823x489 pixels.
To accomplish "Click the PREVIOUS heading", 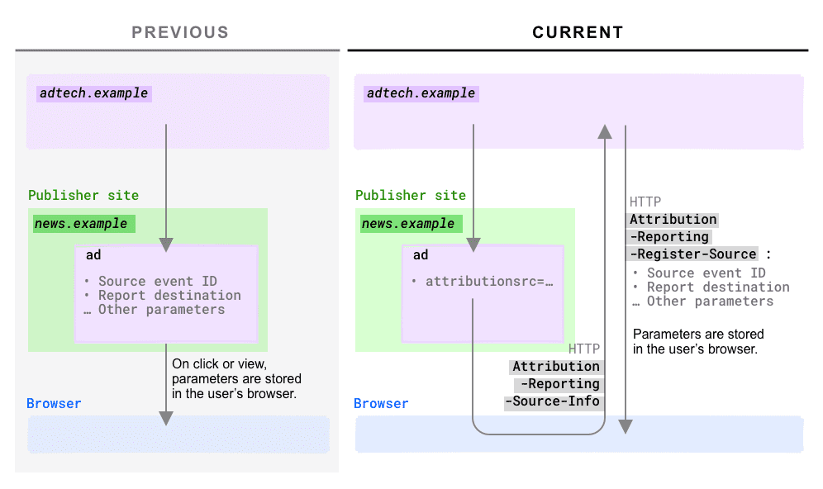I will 180,33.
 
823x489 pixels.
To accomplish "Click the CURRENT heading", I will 578,33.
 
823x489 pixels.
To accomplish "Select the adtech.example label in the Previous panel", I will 93,93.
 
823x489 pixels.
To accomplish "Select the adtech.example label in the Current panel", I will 421,93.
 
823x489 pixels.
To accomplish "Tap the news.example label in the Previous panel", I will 81,224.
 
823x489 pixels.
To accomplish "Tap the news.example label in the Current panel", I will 408,224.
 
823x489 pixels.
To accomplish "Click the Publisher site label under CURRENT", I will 410,196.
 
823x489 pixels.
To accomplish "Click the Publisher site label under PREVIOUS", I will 83,196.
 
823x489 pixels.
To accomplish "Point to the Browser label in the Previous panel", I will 54,404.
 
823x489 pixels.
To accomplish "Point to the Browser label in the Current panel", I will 381,404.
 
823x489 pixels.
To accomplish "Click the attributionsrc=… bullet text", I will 488,282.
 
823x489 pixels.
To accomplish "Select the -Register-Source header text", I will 692,254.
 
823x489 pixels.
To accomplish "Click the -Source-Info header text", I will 553,402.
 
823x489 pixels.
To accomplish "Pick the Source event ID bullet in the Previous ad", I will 157,282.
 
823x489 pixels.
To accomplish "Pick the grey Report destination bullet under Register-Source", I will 717,287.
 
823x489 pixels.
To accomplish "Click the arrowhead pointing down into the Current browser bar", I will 626,426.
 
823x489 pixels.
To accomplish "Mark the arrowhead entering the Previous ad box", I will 166,244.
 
